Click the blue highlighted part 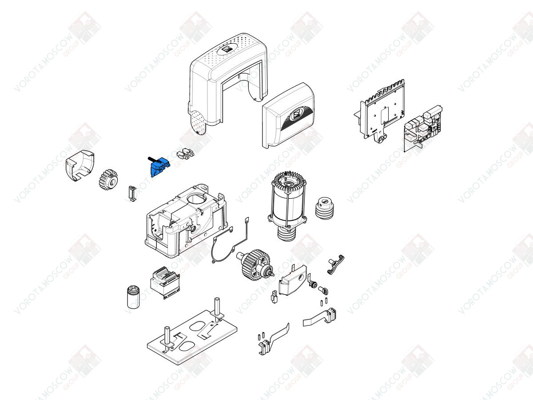[159, 167]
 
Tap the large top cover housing [228, 80]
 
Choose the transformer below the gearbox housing [165, 282]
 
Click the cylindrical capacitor [133, 297]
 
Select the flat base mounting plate [192, 336]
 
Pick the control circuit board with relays [423, 128]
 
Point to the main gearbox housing [187, 220]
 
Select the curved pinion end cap [80, 165]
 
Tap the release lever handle [335, 264]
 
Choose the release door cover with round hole [292, 280]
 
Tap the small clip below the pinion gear [132, 193]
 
